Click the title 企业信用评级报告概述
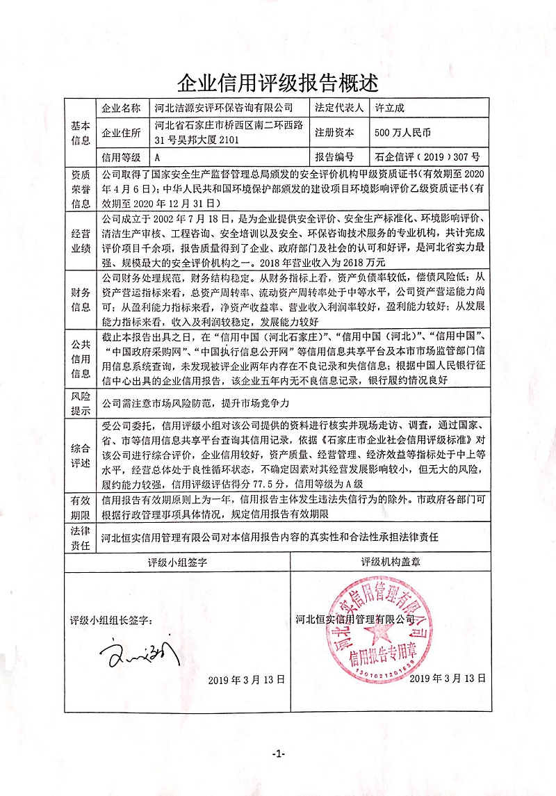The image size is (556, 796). [x=278, y=83]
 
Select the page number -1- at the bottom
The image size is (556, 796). [x=278, y=754]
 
